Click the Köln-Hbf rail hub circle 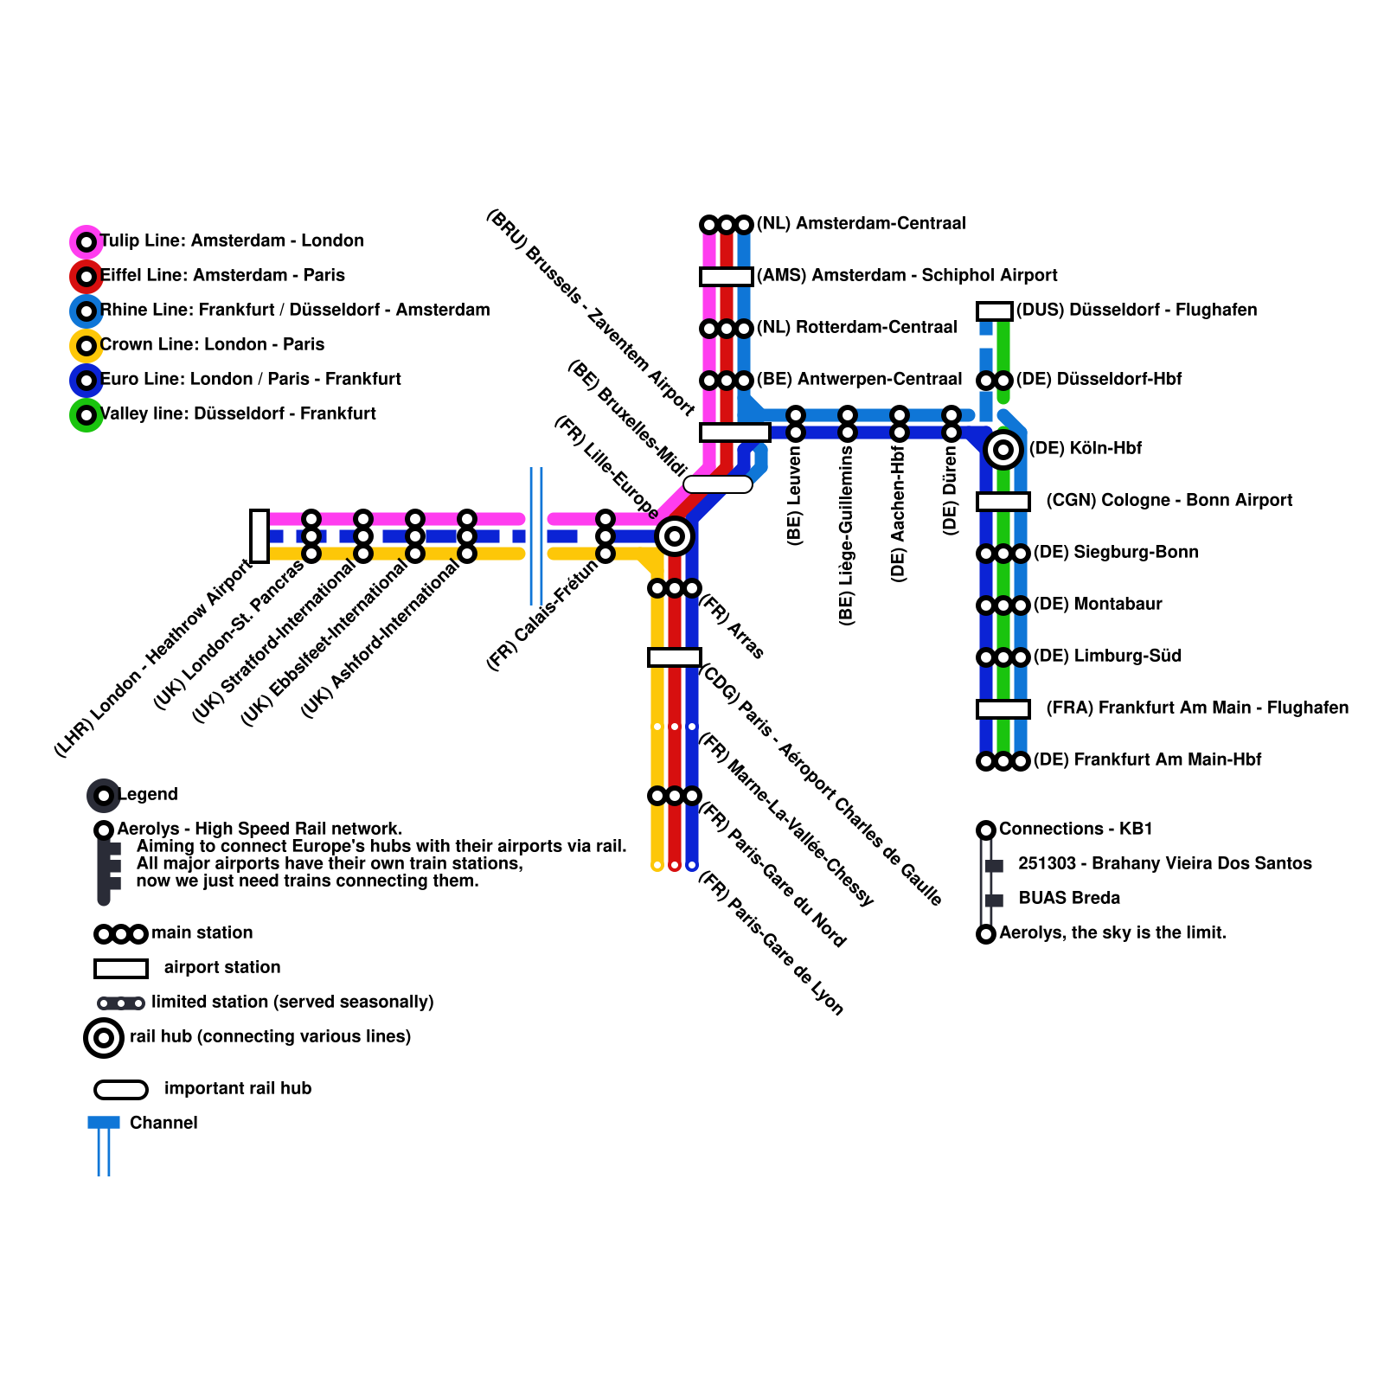click(1003, 450)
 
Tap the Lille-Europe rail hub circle click(675, 536)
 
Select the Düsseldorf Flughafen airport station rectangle click(995, 311)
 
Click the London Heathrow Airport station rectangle click(259, 536)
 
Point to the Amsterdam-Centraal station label click(861, 224)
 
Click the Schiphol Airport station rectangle click(727, 277)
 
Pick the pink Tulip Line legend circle click(86, 242)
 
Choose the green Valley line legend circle click(86, 415)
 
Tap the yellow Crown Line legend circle click(86, 346)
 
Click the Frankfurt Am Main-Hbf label click(1147, 760)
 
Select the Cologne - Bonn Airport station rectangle click(1003, 502)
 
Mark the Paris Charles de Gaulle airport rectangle click(675, 657)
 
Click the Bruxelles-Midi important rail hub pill click(718, 484)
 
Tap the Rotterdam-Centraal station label click(856, 328)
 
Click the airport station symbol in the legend click(121, 969)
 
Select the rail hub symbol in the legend click(104, 1037)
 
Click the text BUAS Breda click(1069, 899)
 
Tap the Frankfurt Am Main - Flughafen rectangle click(1003, 709)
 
